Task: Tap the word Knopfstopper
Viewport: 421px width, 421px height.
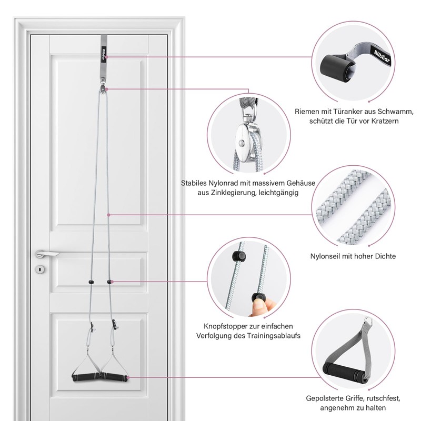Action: coord(228,326)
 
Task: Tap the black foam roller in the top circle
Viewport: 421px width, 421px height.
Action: coord(339,68)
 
